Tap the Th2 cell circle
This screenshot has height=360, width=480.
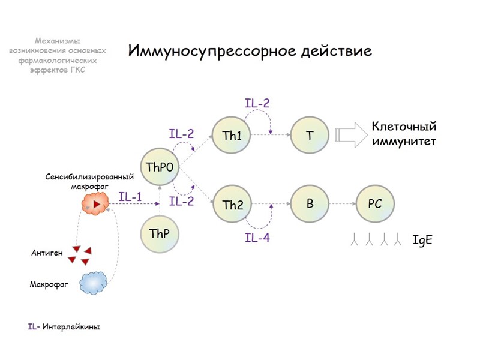pyautogui.click(x=232, y=205)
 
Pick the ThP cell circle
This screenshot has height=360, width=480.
pyautogui.click(x=160, y=234)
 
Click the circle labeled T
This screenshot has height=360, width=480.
pyautogui.click(x=310, y=136)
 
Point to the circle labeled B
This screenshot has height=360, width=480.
pyautogui.click(x=310, y=204)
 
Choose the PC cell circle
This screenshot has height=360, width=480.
pyautogui.click(x=375, y=204)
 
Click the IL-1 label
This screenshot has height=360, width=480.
pyautogui.click(x=130, y=196)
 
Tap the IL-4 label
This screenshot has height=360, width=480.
pyautogui.click(x=257, y=238)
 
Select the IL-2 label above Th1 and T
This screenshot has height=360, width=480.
pyautogui.click(x=257, y=103)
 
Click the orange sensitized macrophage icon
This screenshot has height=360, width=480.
pyautogui.click(x=96, y=206)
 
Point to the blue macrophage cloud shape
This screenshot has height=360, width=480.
pyautogui.click(x=93, y=282)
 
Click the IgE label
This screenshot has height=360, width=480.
pyautogui.click(x=422, y=241)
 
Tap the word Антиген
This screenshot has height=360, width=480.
pyautogui.click(x=47, y=253)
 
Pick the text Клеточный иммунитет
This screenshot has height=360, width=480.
pyautogui.click(x=403, y=134)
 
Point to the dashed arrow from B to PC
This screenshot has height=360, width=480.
pyautogui.click(x=342, y=204)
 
